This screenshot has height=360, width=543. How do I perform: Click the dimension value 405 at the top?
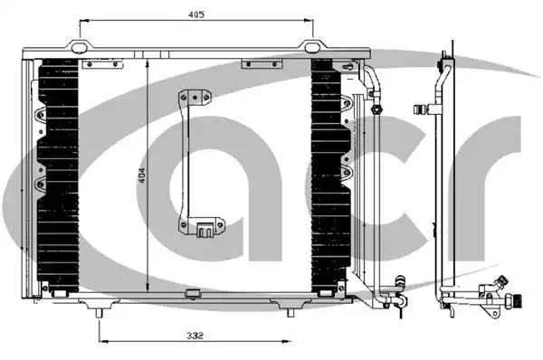click(x=196, y=14)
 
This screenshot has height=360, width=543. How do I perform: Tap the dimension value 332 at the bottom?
click(x=195, y=336)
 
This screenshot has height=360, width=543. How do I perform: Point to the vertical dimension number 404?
click(x=142, y=178)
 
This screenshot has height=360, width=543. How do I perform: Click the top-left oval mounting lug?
click(x=80, y=47)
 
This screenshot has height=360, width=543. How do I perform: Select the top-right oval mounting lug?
click(x=313, y=47)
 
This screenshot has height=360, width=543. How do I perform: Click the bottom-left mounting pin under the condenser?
click(x=99, y=313)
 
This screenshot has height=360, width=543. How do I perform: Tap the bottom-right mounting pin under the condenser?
click(x=291, y=313)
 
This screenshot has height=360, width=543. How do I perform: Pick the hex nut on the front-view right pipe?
click(x=376, y=109)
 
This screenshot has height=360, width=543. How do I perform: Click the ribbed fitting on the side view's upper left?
click(x=421, y=109)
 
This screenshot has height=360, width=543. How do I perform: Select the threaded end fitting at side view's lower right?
click(x=515, y=299)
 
